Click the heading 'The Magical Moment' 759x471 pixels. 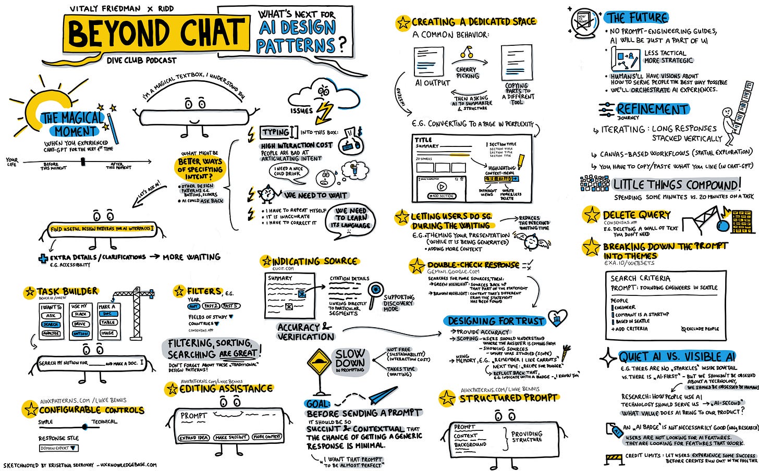(74, 125)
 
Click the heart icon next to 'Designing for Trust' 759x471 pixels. (557, 317)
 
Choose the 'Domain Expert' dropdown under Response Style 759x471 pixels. (58, 448)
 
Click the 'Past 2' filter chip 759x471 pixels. (211, 306)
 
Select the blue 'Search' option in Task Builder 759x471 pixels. (51, 325)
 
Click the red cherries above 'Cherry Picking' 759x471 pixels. (467, 52)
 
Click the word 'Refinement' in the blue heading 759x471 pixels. (652, 109)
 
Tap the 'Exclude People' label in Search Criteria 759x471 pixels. (701, 329)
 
